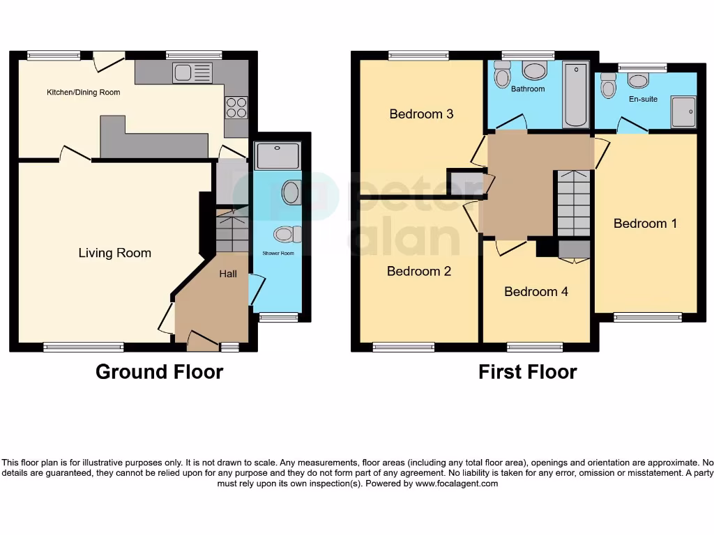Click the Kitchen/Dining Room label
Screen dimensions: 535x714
point(83,93)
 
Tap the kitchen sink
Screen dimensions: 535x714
point(192,72)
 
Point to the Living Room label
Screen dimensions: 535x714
point(114,253)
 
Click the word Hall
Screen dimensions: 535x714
point(228,274)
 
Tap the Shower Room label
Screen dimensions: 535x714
point(278,254)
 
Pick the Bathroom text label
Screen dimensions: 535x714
point(527,89)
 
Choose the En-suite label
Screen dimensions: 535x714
point(643,99)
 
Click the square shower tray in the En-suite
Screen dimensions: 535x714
point(683,112)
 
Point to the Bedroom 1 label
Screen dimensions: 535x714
point(645,224)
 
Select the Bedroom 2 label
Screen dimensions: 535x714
point(419,271)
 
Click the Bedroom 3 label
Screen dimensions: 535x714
point(421,114)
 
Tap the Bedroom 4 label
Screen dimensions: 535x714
point(535,291)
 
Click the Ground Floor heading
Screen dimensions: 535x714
point(159,372)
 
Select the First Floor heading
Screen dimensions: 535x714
point(527,372)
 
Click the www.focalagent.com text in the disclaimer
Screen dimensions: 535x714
point(457,483)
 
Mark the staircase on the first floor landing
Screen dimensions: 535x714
point(572,203)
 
